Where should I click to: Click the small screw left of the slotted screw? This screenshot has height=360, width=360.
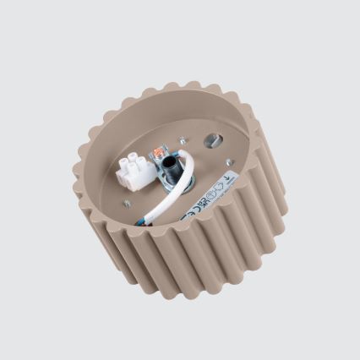(182, 140)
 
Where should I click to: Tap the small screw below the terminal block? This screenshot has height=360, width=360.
(127, 202)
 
